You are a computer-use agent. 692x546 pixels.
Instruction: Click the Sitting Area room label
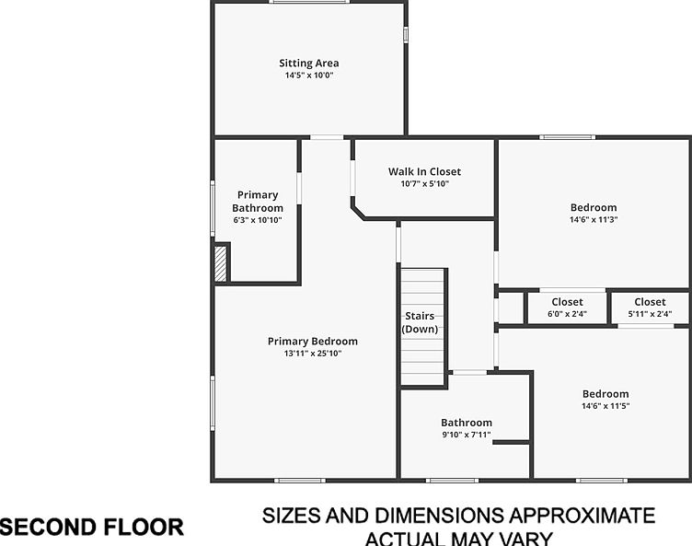309,64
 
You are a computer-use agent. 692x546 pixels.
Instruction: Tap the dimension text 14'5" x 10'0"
309,76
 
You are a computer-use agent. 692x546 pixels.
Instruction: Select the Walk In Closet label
424,171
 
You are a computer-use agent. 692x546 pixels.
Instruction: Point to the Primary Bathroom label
258,202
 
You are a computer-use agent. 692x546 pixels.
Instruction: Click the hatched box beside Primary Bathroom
221,263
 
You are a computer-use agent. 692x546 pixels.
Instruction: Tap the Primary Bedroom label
313,341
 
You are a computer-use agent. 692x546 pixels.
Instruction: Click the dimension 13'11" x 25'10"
313,354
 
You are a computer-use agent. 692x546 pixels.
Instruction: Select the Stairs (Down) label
420,322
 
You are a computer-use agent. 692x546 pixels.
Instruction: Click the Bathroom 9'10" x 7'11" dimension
467,435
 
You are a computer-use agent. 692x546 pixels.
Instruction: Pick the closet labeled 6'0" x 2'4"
567,308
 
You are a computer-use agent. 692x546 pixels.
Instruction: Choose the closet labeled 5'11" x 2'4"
650,308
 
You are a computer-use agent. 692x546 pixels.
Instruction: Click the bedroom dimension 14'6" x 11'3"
594,219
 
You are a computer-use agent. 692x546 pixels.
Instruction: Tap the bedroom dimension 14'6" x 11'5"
605,406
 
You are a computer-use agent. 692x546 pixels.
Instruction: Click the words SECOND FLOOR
92,527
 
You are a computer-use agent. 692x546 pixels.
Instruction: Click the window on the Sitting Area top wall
309,2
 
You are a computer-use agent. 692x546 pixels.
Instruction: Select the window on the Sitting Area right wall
406,35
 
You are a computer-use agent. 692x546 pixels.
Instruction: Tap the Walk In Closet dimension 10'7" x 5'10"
424,184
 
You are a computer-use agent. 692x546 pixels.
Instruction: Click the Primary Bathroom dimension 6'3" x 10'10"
258,220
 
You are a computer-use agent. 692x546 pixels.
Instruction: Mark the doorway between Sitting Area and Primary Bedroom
327,137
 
